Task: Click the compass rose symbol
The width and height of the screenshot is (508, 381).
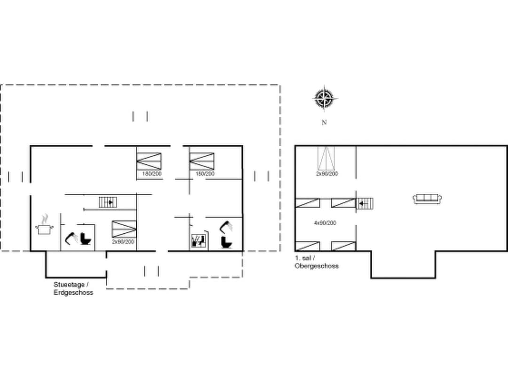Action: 324,99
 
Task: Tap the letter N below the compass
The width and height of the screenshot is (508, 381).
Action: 324,123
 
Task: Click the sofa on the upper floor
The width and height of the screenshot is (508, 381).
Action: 428,198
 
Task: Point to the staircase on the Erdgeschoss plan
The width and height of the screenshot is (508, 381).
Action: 108,202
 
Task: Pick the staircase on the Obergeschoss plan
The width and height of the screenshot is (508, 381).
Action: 365,203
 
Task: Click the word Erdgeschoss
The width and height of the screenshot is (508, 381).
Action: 73,293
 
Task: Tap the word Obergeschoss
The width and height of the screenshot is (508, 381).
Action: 317,266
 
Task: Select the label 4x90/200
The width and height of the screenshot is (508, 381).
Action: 325,223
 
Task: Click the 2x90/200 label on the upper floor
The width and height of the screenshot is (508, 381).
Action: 327,174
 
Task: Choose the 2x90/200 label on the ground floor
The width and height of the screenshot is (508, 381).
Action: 123,241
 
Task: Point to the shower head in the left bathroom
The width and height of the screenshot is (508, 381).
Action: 71,238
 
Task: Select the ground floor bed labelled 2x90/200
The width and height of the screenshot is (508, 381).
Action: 124,229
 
